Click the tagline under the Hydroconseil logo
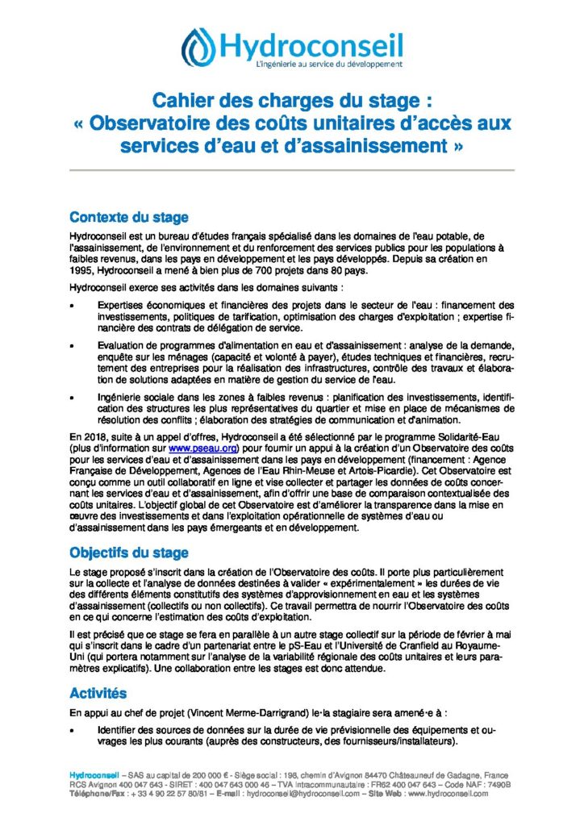point(316,63)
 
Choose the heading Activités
point(98,693)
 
